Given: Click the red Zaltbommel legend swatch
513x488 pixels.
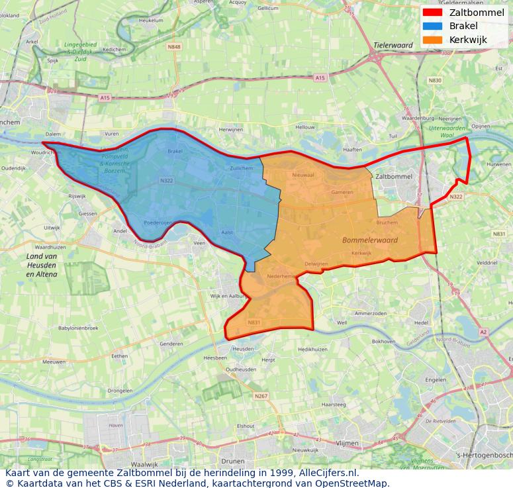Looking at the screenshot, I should (432, 13).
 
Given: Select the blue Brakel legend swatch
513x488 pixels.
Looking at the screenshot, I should (432, 26).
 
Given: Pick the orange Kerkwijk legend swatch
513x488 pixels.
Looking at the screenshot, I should (432, 40).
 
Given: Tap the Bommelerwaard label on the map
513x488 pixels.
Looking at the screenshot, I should (370, 240).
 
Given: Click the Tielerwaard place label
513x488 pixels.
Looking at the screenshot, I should (393, 46).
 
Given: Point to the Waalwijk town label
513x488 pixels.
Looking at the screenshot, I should (144, 464).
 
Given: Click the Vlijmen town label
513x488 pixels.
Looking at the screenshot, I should (347, 443).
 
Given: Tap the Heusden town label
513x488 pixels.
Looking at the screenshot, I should (243, 348).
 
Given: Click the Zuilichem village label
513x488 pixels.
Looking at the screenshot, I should (241, 168).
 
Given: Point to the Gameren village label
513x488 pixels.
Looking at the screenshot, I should (342, 192).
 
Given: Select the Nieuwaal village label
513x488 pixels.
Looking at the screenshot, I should (303, 175).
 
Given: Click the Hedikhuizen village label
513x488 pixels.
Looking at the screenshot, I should (312, 349).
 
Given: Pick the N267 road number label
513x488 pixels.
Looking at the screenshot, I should (261, 396).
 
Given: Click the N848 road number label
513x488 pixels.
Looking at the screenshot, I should (174, 47).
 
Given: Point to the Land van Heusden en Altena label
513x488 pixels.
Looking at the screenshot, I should (41, 265).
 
